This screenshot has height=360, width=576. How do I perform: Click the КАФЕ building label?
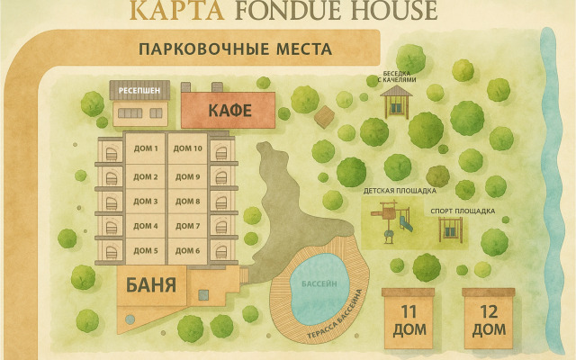229,112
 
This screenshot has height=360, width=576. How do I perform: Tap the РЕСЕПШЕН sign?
139,91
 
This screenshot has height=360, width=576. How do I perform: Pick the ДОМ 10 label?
187,149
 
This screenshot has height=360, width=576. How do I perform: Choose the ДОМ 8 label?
187,201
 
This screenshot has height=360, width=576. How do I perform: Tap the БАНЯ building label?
151,288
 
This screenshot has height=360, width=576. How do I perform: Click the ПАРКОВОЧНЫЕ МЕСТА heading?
235,49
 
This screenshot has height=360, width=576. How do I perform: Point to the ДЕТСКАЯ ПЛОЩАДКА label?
400,191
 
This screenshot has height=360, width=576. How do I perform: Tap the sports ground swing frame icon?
450,230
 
